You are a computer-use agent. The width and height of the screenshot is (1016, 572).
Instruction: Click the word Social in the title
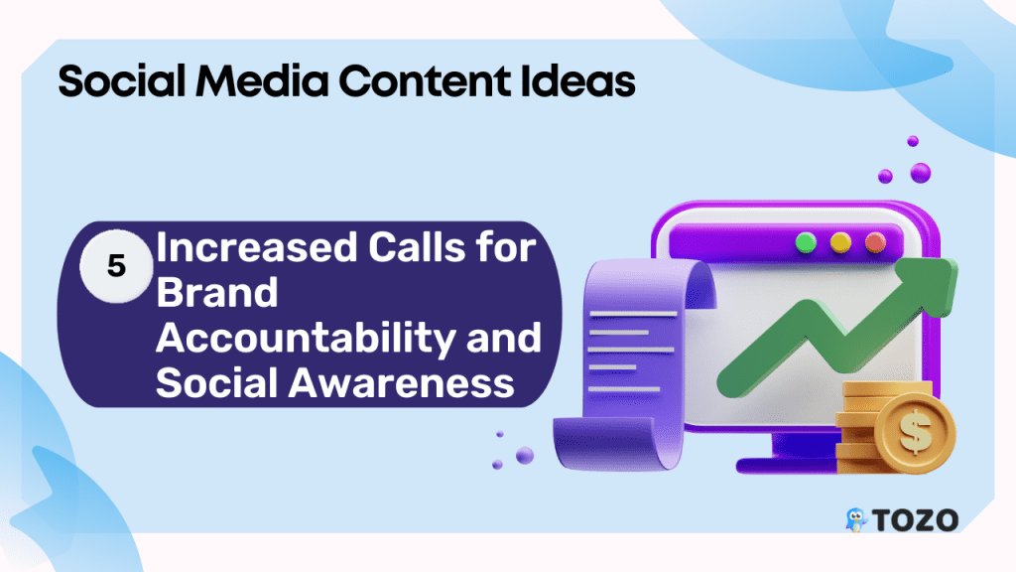tap(122, 81)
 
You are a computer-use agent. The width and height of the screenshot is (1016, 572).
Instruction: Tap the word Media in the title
tap(262, 81)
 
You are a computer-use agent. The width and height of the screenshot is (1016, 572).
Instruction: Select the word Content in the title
tap(424, 81)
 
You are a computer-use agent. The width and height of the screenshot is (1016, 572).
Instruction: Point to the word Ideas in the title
tap(577, 81)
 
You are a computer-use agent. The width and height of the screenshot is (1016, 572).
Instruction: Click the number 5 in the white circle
tap(117, 266)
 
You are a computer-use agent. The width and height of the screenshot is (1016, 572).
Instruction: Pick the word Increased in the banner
tap(257, 247)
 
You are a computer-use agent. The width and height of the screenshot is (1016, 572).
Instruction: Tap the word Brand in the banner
tap(217, 292)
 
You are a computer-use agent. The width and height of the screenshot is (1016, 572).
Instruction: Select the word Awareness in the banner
tap(401, 382)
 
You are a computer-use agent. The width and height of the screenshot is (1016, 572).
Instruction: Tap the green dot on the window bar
tap(806, 242)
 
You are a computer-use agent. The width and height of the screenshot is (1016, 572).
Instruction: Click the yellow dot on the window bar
tap(840, 242)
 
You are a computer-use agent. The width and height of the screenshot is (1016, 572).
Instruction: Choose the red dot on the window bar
tap(875, 242)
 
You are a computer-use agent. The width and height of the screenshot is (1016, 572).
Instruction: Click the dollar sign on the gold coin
tap(915, 433)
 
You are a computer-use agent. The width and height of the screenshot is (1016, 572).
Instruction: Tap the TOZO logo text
tap(915, 520)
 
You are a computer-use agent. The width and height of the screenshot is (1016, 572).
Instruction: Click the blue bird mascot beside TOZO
tap(856, 520)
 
